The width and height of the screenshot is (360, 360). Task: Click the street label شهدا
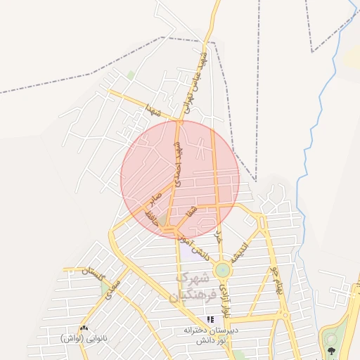[153, 110]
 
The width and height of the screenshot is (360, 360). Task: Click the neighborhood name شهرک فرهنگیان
[189, 285]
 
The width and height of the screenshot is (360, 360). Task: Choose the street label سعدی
[111, 290]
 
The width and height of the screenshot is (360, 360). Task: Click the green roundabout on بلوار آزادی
[222, 269]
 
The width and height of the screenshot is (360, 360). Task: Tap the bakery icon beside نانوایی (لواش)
[84, 328]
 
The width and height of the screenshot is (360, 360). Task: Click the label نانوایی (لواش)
[78, 338]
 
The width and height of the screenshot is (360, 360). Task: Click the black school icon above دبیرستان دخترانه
[210, 320]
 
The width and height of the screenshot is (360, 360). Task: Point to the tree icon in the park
[331, 351]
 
